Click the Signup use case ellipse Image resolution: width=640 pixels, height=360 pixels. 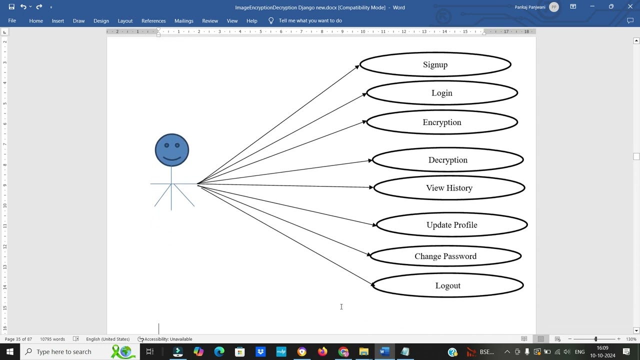pyautogui.click(x=435, y=64)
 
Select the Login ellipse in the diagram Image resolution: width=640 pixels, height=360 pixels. pyautogui.click(x=441, y=93)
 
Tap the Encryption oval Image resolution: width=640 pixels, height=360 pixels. pyautogui.click(x=441, y=122)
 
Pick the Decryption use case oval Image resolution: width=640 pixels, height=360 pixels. pyautogui.click(x=447, y=160)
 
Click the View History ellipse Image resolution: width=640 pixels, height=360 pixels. pyautogui.click(x=449, y=188)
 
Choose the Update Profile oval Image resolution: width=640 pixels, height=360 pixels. pyautogui.click(x=451, y=225)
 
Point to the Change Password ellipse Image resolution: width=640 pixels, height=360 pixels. pyautogui.click(x=445, y=256)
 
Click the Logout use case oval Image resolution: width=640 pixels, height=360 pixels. pyautogui.click(x=447, y=285)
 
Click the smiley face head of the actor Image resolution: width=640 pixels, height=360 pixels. pyautogui.click(x=172, y=150)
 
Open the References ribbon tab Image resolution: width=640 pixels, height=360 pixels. pyautogui.click(x=153, y=21)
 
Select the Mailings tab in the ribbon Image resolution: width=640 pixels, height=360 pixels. pyautogui.click(x=183, y=21)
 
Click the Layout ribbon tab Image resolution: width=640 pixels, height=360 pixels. pyautogui.click(x=125, y=21)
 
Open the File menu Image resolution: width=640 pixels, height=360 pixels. pyautogui.click(x=12, y=20)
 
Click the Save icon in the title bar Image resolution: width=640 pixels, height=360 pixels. pyautogui.click(x=11, y=7)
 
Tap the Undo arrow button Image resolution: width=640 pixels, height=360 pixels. pyautogui.click(x=23, y=7)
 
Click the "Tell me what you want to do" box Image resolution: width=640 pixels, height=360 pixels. pyautogui.click(x=310, y=20)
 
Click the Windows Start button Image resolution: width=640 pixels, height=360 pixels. pyautogui.click(x=9, y=352)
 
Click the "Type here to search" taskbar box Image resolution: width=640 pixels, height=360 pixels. pyautogui.click(x=63, y=352)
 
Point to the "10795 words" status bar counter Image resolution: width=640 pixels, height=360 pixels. pyautogui.click(x=52, y=339)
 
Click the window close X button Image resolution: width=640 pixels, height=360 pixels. pyautogui.click(x=630, y=7)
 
